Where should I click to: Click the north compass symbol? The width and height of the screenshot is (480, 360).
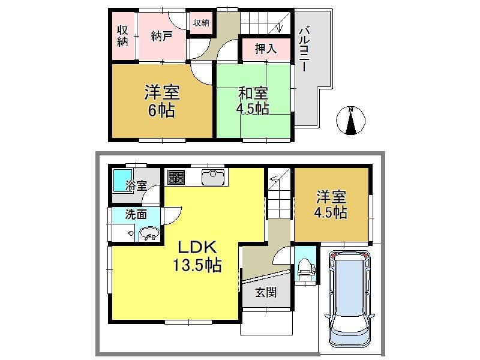[x=351, y=121]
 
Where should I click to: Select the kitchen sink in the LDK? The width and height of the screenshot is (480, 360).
[x=213, y=177]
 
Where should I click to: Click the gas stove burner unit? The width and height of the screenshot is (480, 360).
[x=176, y=178]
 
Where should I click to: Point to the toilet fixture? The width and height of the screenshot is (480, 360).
[x=305, y=268]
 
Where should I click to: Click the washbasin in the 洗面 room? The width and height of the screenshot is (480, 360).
[x=149, y=234]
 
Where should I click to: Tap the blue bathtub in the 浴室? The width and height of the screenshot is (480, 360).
[x=122, y=181]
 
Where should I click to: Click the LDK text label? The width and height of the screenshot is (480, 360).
[x=198, y=248]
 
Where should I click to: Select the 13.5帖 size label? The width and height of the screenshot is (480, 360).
[x=197, y=265]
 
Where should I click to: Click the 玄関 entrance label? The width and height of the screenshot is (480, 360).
[x=266, y=292]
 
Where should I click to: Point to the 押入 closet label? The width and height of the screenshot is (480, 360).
[x=266, y=49]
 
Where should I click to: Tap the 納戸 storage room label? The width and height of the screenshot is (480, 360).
[x=161, y=37]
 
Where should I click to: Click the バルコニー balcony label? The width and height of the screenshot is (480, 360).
[x=305, y=49]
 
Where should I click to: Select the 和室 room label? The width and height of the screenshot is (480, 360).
[x=253, y=94]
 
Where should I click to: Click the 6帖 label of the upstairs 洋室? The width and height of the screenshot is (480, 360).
[x=161, y=110]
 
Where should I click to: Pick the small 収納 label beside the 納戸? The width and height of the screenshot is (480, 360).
[x=201, y=22]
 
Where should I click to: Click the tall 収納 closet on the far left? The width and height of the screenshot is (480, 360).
[x=123, y=36]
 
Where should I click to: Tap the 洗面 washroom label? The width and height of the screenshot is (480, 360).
[x=136, y=215]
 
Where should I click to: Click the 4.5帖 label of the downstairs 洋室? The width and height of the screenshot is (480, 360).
[x=331, y=212]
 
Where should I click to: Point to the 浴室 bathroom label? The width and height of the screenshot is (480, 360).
[x=136, y=185]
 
